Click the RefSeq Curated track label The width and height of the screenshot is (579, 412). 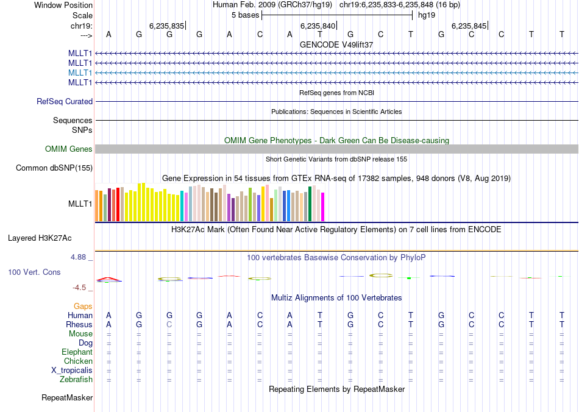pos(65,102)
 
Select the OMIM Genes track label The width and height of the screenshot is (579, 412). pos(69,149)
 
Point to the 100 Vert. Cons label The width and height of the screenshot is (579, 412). pos(34,272)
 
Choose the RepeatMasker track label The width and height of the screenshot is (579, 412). pos(67,398)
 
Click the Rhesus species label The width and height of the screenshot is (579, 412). pos(79,325)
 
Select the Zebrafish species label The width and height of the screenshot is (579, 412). pos(77,380)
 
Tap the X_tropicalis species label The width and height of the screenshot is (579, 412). pos(72,371)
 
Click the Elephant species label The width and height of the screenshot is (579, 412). pos(77,352)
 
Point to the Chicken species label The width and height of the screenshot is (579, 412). pos(78,361)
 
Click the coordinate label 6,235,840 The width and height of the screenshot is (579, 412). pos(318,26)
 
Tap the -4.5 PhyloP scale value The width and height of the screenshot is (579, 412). pos(80,288)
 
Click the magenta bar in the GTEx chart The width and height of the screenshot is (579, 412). pos(322,207)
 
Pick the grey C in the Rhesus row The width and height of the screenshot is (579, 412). pos(169,325)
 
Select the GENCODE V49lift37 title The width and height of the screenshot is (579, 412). pos(336,45)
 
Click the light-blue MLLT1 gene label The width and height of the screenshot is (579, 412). pos(80,73)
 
